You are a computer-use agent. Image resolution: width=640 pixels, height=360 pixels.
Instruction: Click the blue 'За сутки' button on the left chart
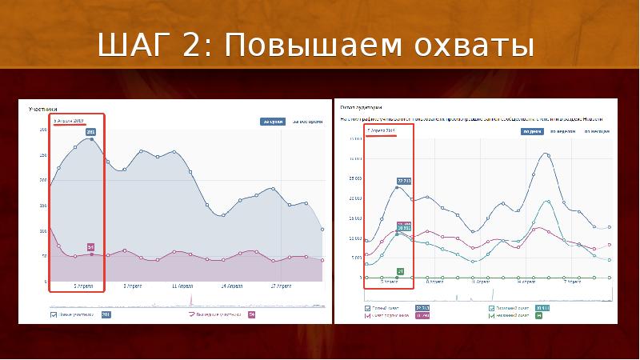click(x=271, y=122)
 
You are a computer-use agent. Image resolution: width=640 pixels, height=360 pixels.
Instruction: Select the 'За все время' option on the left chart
click(x=306, y=122)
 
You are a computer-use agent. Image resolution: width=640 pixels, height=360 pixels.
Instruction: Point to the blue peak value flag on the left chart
click(x=90, y=132)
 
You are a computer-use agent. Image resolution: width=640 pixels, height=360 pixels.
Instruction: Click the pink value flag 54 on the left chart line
click(x=90, y=246)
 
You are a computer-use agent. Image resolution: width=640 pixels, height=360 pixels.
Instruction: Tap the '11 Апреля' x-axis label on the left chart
click(x=184, y=285)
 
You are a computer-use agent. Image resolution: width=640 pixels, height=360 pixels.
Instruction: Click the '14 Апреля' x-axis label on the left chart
click(x=233, y=285)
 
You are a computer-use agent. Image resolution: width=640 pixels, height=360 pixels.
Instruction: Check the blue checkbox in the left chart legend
click(x=53, y=314)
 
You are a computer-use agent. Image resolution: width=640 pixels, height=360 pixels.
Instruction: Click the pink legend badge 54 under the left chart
click(x=251, y=314)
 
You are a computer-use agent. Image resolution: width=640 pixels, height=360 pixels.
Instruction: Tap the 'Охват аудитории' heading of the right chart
click(x=361, y=106)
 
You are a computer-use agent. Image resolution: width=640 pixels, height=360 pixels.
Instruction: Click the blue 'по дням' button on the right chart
click(x=531, y=131)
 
